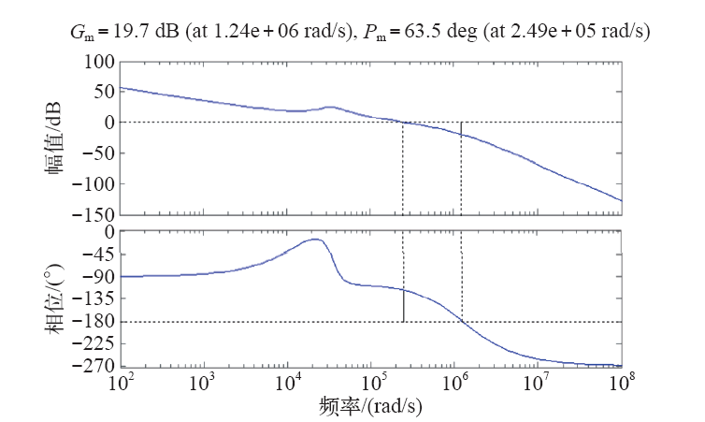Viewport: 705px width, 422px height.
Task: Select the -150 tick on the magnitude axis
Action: click(94, 214)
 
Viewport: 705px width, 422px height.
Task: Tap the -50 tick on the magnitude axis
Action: click(98, 153)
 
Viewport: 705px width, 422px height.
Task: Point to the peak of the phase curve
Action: click(316, 240)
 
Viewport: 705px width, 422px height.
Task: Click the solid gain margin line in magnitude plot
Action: click(461, 128)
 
